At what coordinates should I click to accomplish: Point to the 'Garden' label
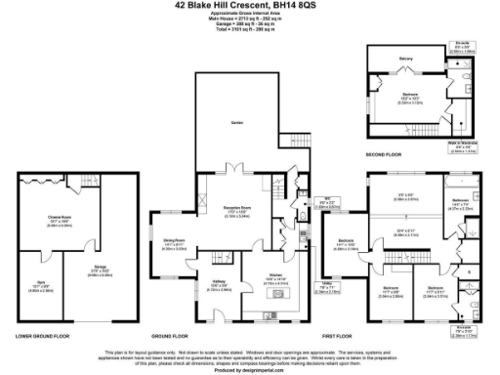point(237,121)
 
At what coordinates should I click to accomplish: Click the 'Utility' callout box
point(329,288)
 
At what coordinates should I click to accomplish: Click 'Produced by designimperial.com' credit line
point(250,370)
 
